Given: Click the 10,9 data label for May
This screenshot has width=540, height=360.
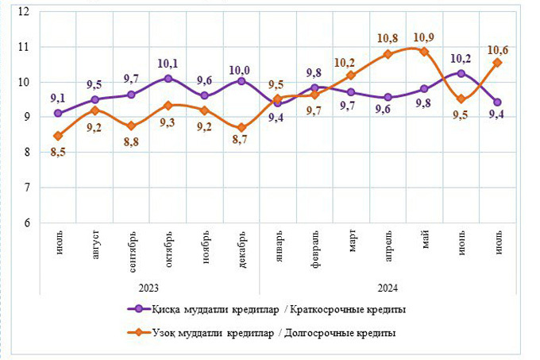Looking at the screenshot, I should coord(424,37).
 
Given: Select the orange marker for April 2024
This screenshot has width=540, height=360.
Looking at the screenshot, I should coord(388,54).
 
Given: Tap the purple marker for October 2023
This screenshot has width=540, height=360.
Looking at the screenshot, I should coord(168,79).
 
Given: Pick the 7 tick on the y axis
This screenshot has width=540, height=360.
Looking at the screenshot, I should coord(25,188).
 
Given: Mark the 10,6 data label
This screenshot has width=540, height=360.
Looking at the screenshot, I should coord(497,46).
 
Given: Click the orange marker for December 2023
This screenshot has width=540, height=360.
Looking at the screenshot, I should coord(241,128).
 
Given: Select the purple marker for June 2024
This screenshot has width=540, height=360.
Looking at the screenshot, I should coord(461,73).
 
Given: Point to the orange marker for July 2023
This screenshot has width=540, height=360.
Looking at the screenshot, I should coord(58,136).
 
